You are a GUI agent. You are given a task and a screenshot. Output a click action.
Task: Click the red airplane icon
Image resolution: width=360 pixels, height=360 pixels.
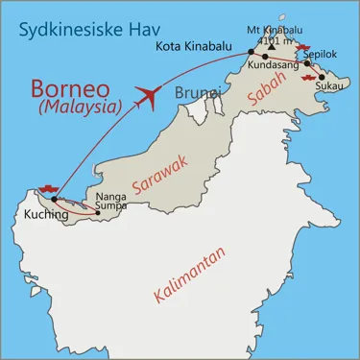(147, 95)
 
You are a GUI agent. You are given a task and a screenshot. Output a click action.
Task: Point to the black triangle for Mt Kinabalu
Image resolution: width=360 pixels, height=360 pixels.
(272, 48)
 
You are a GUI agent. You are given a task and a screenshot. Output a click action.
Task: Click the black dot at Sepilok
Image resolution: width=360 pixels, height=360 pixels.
(307, 63)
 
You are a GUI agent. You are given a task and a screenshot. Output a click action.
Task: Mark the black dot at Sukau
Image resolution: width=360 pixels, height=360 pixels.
(322, 77)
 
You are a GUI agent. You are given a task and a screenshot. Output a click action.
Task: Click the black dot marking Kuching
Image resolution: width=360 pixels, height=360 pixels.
(55, 200)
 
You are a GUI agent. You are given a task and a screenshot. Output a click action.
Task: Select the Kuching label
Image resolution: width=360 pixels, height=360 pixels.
(43, 216)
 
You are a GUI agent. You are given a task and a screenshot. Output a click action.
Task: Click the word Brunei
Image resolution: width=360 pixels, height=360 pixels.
(198, 92)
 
